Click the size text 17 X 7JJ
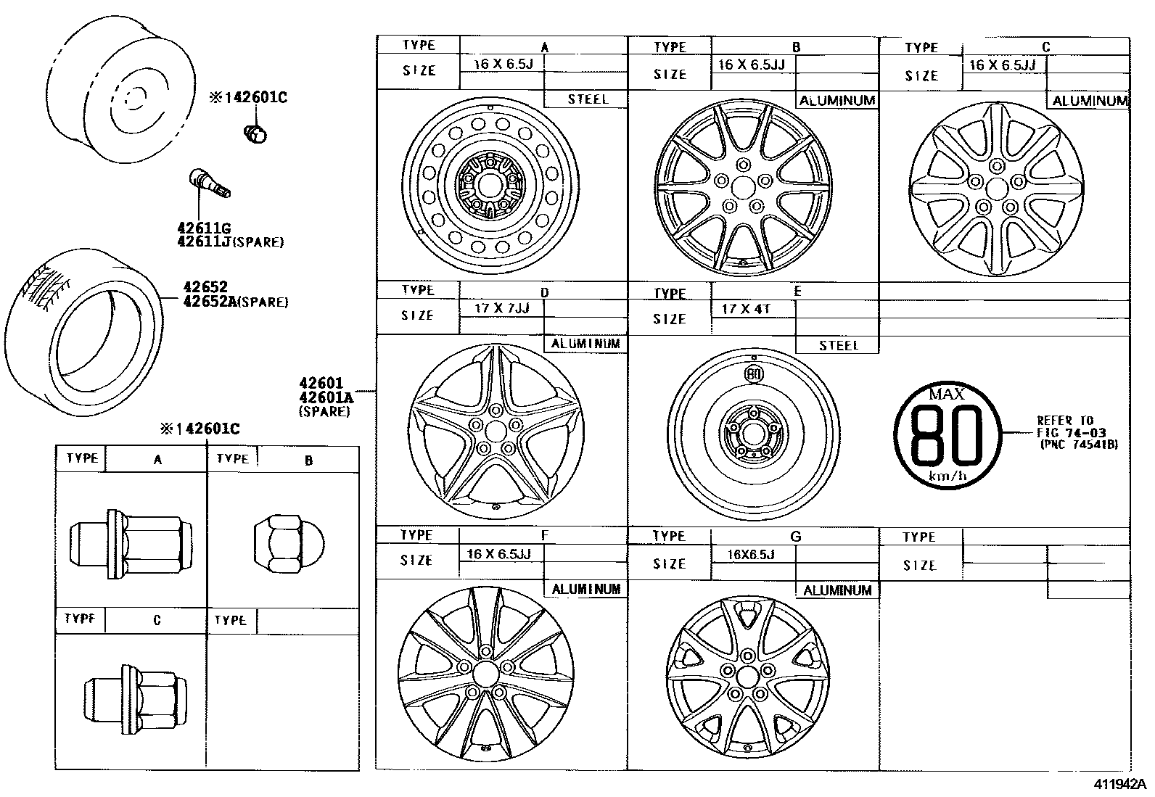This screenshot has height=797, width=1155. [502, 308]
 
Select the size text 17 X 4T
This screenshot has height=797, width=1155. [746, 309]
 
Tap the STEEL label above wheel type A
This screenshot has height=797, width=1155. [588, 99]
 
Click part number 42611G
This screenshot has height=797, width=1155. [204, 228]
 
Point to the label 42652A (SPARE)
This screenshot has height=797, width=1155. [236, 301]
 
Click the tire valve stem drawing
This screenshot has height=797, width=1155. [210, 183]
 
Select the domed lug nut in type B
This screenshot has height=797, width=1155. [289, 544]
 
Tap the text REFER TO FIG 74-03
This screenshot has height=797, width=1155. [1072, 426]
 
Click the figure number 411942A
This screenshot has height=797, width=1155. [1119, 784]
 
